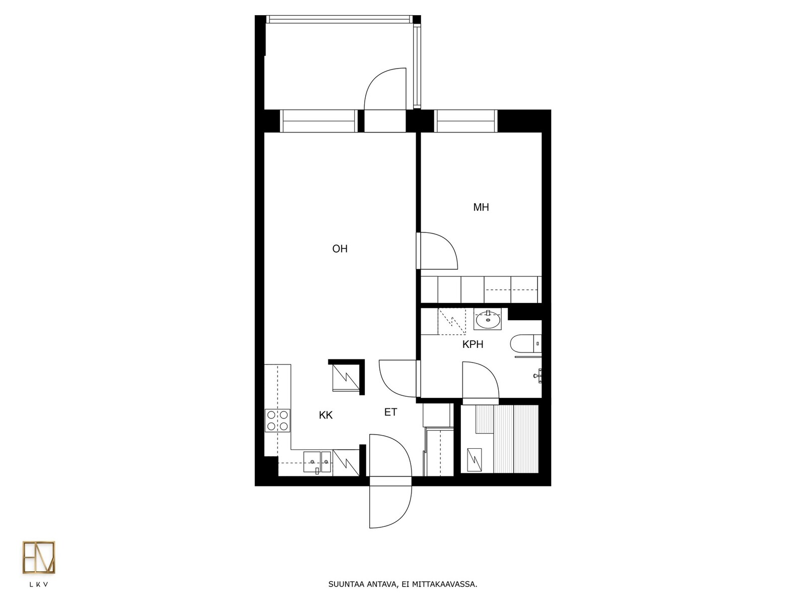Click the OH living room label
[x=340, y=249]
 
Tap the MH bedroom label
[x=481, y=208]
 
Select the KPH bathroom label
[x=473, y=344]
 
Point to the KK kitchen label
[x=326, y=415]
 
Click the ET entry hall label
[x=391, y=412]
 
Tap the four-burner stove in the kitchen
[x=277, y=420]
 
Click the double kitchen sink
[x=317, y=462]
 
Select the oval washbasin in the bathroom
[x=488, y=320]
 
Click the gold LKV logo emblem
[x=39, y=557]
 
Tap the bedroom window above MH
[x=465, y=121]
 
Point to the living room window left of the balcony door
[x=319, y=121]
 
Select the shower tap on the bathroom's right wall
[x=538, y=376]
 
